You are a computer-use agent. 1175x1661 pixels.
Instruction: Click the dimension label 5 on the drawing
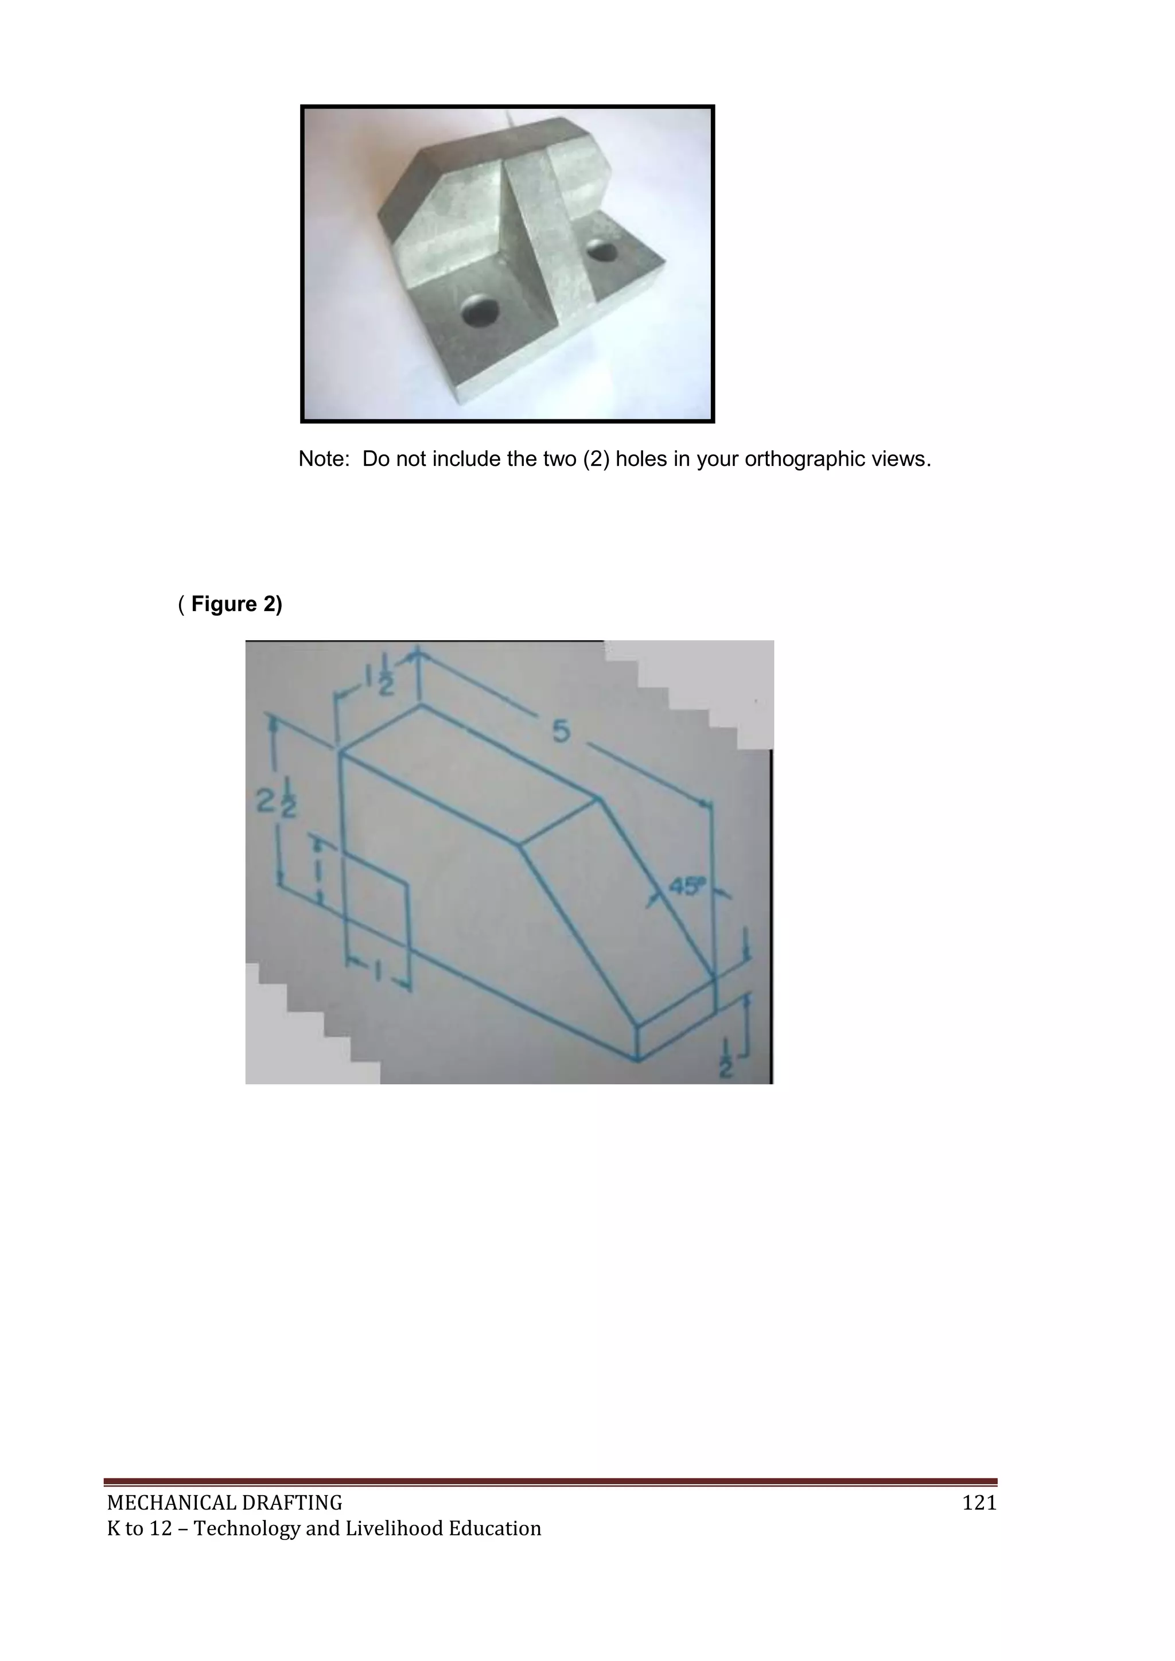(562, 732)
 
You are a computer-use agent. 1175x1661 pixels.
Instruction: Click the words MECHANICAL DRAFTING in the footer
(224, 1503)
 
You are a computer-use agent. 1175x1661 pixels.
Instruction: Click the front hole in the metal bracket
(480, 310)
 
